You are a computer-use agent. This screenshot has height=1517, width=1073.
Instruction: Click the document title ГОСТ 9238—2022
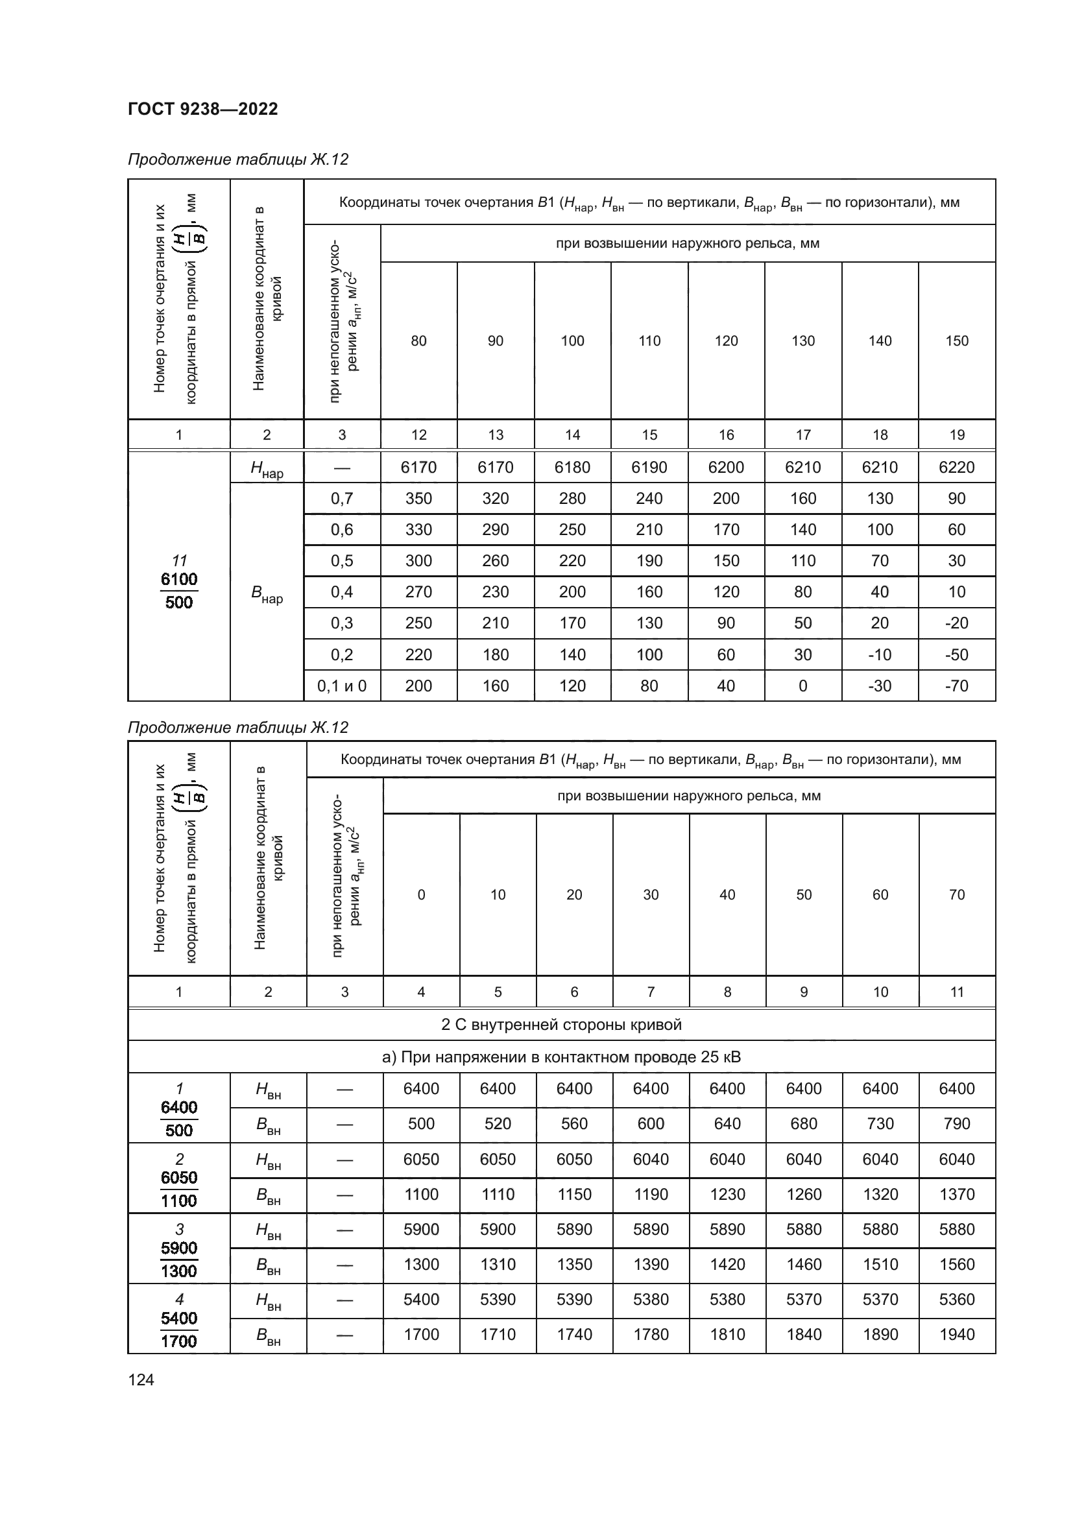(203, 109)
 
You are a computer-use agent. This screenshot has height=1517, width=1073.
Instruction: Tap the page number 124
(141, 1380)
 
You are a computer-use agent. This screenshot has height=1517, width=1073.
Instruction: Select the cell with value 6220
(956, 467)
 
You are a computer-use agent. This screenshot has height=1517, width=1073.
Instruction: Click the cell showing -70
(956, 686)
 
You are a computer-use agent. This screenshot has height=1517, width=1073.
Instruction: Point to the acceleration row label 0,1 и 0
(342, 686)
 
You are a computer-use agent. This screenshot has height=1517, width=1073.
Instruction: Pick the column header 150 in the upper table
(956, 341)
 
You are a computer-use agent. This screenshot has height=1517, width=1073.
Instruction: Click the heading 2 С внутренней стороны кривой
(561, 1025)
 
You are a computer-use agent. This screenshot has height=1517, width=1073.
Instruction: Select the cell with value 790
(956, 1124)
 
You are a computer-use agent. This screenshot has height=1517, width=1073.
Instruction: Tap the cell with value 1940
(956, 1334)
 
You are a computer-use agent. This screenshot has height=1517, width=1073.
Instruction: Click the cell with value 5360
(956, 1299)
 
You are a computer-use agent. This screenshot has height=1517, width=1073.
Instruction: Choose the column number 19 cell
(956, 435)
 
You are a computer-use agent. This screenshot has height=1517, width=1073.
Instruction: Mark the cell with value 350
(418, 498)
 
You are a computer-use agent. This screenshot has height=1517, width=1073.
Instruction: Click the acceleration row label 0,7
(342, 498)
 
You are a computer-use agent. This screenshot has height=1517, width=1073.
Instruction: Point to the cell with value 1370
(956, 1194)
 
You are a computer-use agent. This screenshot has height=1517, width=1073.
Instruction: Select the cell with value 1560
(956, 1264)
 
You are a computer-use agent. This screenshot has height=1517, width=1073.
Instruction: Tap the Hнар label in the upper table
(267, 468)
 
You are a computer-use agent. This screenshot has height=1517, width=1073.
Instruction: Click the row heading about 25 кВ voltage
(561, 1057)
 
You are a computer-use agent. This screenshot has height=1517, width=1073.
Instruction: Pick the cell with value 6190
(649, 467)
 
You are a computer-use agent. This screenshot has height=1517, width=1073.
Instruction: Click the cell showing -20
(956, 623)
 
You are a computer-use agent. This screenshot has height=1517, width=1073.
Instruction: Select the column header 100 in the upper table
(572, 341)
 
